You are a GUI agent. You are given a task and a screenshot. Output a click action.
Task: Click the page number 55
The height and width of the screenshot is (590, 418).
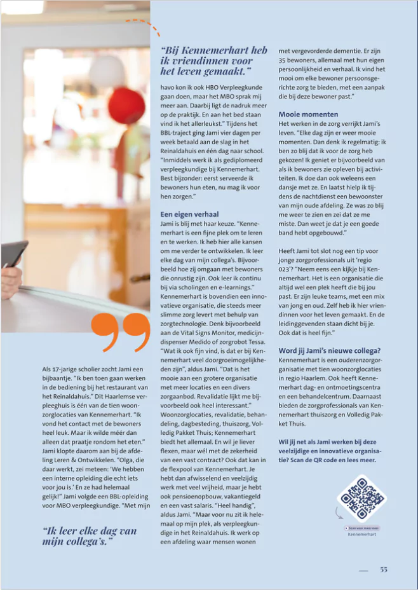[x=383, y=570]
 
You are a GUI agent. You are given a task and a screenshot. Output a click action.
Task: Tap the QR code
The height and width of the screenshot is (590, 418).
[x=361, y=497]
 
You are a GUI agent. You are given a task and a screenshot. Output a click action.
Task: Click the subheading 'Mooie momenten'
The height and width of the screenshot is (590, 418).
[x=307, y=114]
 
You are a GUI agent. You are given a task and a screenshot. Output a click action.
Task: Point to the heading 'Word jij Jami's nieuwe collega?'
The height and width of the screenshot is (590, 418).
[x=329, y=350]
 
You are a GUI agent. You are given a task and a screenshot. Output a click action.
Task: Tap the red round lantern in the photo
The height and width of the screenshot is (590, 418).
[x=126, y=106]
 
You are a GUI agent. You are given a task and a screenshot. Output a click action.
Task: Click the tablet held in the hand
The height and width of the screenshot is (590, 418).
[x=14, y=254]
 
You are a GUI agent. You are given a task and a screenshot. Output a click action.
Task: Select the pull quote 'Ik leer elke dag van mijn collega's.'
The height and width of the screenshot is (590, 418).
[x=90, y=535]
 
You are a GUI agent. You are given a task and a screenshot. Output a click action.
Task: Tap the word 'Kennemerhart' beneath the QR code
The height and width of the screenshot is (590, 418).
[x=363, y=535]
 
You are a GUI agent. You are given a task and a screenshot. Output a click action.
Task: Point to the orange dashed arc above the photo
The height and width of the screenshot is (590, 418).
[x=144, y=26]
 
